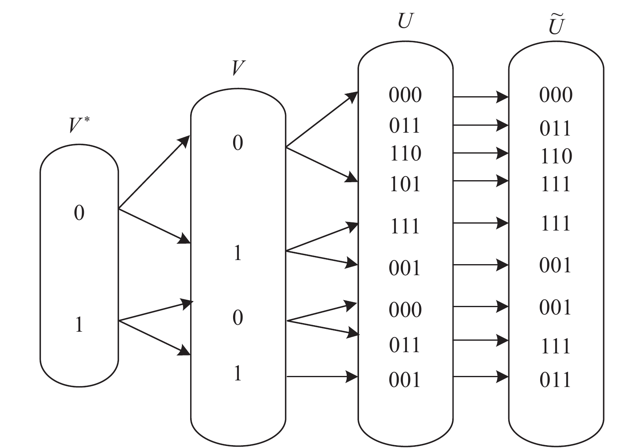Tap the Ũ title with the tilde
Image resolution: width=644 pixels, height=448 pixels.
pyautogui.click(x=556, y=25)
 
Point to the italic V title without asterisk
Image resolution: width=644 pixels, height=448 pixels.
pyautogui.click(x=238, y=68)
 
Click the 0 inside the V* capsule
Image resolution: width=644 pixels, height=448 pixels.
pyautogui.click(x=79, y=213)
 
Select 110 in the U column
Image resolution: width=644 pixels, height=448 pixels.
pyautogui.click(x=405, y=154)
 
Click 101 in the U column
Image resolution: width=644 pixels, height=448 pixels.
pyautogui.click(x=405, y=184)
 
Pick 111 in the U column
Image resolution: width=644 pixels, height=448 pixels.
pyautogui.click(x=405, y=226)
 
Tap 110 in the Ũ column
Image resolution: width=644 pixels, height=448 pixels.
pyautogui.click(x=556, y=156)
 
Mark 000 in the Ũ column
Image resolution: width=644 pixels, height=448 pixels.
pyautogui.click(x=556, y=95)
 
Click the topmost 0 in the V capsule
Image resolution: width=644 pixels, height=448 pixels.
pyautogui.click(x=238, y=143)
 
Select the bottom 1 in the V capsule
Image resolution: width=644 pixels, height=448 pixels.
pyautogui.click(x=238, y=373)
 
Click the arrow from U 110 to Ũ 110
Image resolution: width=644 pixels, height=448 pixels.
pyautogui.click(x=480, y=153)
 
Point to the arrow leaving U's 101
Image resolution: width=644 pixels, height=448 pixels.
pyautogui.click(x=480, y=181)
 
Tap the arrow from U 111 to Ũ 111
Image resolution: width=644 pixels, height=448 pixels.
pyautogui.click(x=480, y=223)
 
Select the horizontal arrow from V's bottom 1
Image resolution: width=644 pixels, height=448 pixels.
pyautogui.click(x=322, y=376)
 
